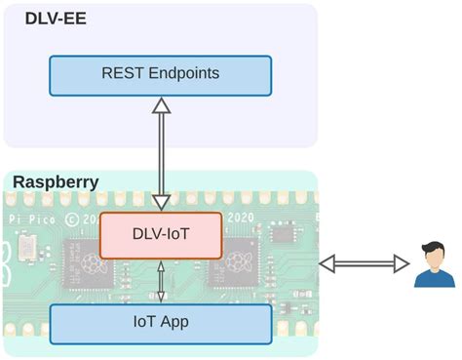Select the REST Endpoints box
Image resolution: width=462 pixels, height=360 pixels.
pos(160,74)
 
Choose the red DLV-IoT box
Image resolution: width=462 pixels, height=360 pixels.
pos(162,235)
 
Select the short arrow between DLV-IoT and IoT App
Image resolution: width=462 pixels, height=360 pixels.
pos(162,281)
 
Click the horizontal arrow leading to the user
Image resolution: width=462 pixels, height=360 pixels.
pos(364,262)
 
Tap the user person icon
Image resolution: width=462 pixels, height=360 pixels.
pos(433,264)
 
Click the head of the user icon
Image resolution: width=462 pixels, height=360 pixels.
pos(433,252)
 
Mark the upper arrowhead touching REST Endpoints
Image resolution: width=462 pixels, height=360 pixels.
pos(161,103)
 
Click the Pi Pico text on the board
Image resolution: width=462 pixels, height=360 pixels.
pos(26,220)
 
